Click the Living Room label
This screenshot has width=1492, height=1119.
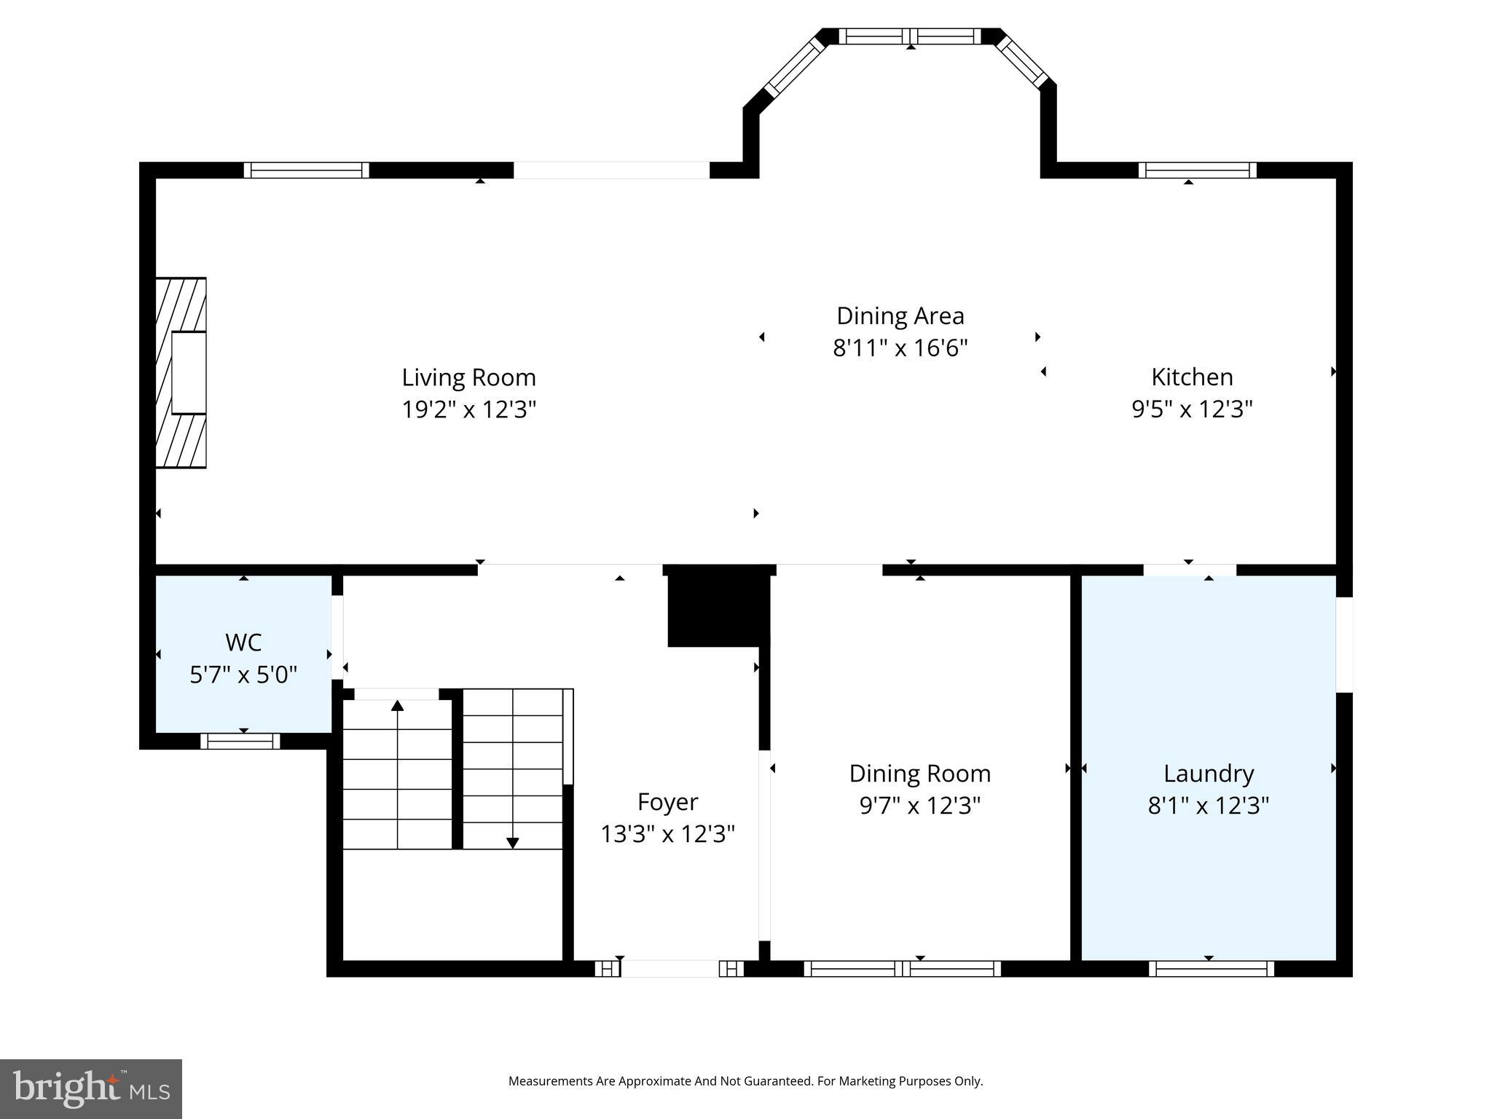pyautogui.click(x=468, y=377)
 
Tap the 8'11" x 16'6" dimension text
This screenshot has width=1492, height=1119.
pyautogui.click(x=900, y=348)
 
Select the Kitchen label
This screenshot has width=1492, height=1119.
pyautogui.click(x=1192, y=377)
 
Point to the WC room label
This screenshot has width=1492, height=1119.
pyautogui.click(x=243, y=643)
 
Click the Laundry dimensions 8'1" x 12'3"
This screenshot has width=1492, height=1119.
pyautogui.click(x=1208, y=806)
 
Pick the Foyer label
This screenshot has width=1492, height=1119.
pyautogui.click(x=667, y=802)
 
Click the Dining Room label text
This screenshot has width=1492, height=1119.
pyautogui.click(x=919, y=774)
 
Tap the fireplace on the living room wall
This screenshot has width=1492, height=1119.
pyautogui.click(x=181, y=372)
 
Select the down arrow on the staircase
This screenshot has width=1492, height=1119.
pyautogui.click(x=512, y=842)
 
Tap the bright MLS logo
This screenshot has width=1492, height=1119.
pyautogui.click(x=91, y=1088)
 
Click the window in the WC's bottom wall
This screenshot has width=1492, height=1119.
pyautogui.click(x=240, y=741)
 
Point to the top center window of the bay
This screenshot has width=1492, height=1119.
pyautogui.click(x=910, y=36)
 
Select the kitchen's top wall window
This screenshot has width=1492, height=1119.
pyautogui.click(x=1197, y=170)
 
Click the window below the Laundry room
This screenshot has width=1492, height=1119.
pyautogui.click(x=1211, y=968)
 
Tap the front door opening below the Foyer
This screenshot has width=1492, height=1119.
pyautogui.click(x=670, y=968)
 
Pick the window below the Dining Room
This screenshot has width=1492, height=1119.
pyautogui.click(x=902, y=968)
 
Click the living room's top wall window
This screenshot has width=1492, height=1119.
pyautogui.click(x=306, y=170)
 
